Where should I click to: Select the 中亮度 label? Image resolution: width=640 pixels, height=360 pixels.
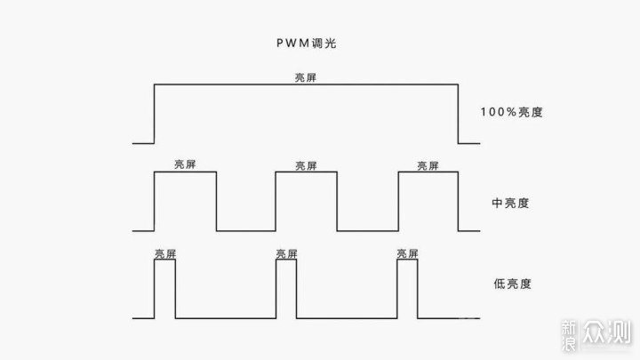click(x=510, y=202)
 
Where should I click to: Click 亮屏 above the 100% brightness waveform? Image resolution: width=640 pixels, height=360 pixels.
click(x=306, y=77)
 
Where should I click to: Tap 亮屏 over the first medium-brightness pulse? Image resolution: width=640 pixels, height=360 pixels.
click(x=185, y=165)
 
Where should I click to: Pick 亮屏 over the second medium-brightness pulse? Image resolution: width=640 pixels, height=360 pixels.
click(x=306, y=165)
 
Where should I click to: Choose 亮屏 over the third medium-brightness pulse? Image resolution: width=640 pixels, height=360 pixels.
click(x=428, y=165)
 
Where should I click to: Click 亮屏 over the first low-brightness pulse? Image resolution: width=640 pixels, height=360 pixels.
click(x=164, y=253)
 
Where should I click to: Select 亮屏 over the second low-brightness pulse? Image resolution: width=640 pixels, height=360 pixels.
click(x=286, y=253)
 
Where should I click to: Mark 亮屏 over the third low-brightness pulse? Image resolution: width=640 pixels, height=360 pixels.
click(x=408, y=253)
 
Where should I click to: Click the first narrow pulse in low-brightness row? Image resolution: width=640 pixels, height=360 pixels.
click(x=164, y=289)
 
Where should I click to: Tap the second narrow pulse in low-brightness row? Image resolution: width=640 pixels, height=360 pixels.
click(x=286, y=289)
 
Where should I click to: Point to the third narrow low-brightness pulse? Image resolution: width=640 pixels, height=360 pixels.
click(x=408, y=289)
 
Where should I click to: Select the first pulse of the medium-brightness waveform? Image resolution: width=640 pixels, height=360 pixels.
click(x=185, y=201)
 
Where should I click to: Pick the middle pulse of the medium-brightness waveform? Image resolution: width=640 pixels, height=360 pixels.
click(x=307, y=201)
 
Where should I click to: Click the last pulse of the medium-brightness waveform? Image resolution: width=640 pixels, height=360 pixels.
click(x=428, y=201)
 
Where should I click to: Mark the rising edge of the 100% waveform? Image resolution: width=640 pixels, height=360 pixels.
click(x=155, y=113)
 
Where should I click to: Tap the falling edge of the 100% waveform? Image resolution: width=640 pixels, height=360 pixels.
click(x=458, y=113)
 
